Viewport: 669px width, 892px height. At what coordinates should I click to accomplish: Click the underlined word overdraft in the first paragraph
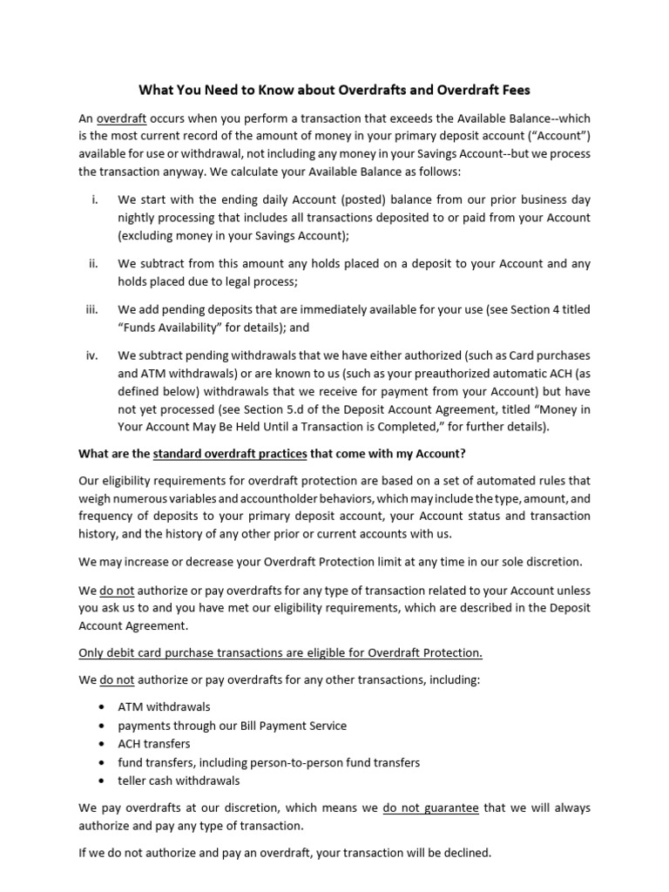[122, 118]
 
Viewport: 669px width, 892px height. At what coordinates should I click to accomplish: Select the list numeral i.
[93, 199]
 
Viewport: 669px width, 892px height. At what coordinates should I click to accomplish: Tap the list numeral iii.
[92, 309]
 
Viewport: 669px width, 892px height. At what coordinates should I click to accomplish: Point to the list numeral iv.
[92, 355]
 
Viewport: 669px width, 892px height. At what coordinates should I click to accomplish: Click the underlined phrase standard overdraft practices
[230, 453]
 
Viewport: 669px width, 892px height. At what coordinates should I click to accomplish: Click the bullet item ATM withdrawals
[165, 706]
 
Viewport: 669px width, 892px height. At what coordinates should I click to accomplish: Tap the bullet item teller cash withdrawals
[179, 780]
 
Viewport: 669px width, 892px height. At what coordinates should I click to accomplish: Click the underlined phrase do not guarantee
[430, 808]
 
